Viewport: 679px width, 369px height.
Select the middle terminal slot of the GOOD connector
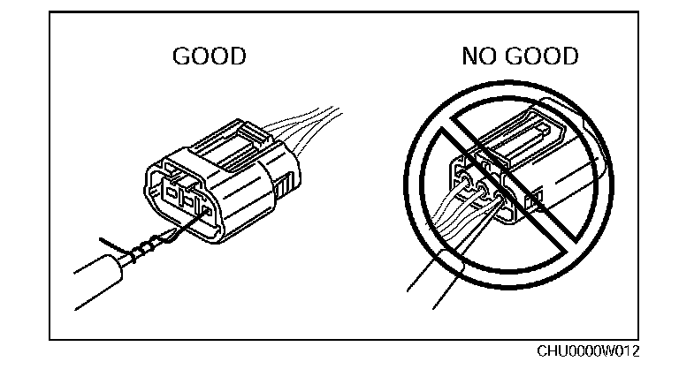tap(187, 200)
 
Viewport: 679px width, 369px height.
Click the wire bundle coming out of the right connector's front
tap(433, 221)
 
